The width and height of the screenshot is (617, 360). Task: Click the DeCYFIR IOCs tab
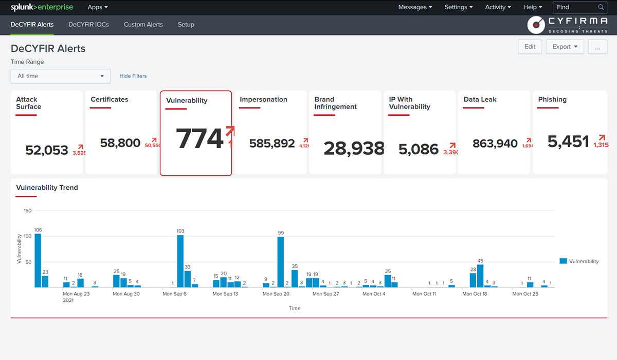pyautogui.click(x=88, y=25)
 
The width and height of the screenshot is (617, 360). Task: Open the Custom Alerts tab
pyautogui.click(x=143, y=25)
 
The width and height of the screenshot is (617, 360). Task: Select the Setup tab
pyautogui.click(x=186, y=25)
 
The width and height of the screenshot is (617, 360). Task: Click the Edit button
pyautogui.click(x=530, y=47)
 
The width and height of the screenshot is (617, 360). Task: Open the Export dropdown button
pyautogui.click(x=565, y=47)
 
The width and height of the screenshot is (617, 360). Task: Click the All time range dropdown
pyautogui.click(x=61, y=76)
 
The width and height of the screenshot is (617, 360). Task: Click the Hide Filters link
pyautogui.click(x=133, y=76)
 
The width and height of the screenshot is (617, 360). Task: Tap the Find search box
pyautogui.click(x=575, y=7)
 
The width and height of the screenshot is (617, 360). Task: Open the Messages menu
pyautogui.click(x=415, y=7)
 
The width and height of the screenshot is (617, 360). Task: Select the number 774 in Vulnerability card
pyautogui.click(x=199, y=139)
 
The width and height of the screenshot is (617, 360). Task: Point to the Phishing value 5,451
pyautogui.click(x=568, y=141)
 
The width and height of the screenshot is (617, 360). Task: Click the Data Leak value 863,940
pyautogui.click(x=495, y=143)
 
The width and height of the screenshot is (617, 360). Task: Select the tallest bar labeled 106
pyautogui.click(x=38, y=260)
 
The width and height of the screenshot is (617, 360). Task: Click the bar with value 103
pyautogui.click(x=180, y=261)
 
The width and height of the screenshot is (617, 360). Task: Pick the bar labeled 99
pyautogui.click(x=281, y=262)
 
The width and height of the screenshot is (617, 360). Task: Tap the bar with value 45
pyautogui.click(x=480, y=276)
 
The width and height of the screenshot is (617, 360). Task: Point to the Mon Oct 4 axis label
pyautogui.click(x=374, y=294)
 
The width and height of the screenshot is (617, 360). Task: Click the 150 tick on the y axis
pyautogui.click(x=27, y=211)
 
